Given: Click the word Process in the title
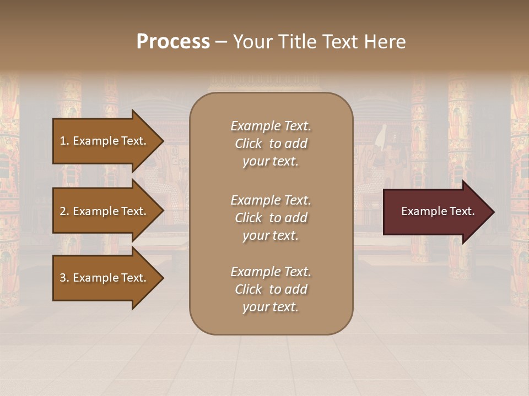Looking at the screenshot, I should (173, 42).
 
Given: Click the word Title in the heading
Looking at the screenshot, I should (298, 42).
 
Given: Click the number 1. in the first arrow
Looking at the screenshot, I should (64, 141).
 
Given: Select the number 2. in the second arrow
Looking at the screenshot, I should (64, 211).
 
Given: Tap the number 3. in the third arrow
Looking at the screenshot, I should (64, 278).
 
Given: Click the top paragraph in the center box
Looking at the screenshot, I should (271, 144).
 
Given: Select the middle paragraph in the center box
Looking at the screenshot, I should (271, 218).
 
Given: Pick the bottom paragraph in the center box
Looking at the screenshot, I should (271, 289).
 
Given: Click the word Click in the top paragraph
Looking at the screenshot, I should (249, 144).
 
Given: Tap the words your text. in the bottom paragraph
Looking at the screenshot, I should (271, 307).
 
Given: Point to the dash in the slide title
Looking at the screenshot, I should (221, 42).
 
